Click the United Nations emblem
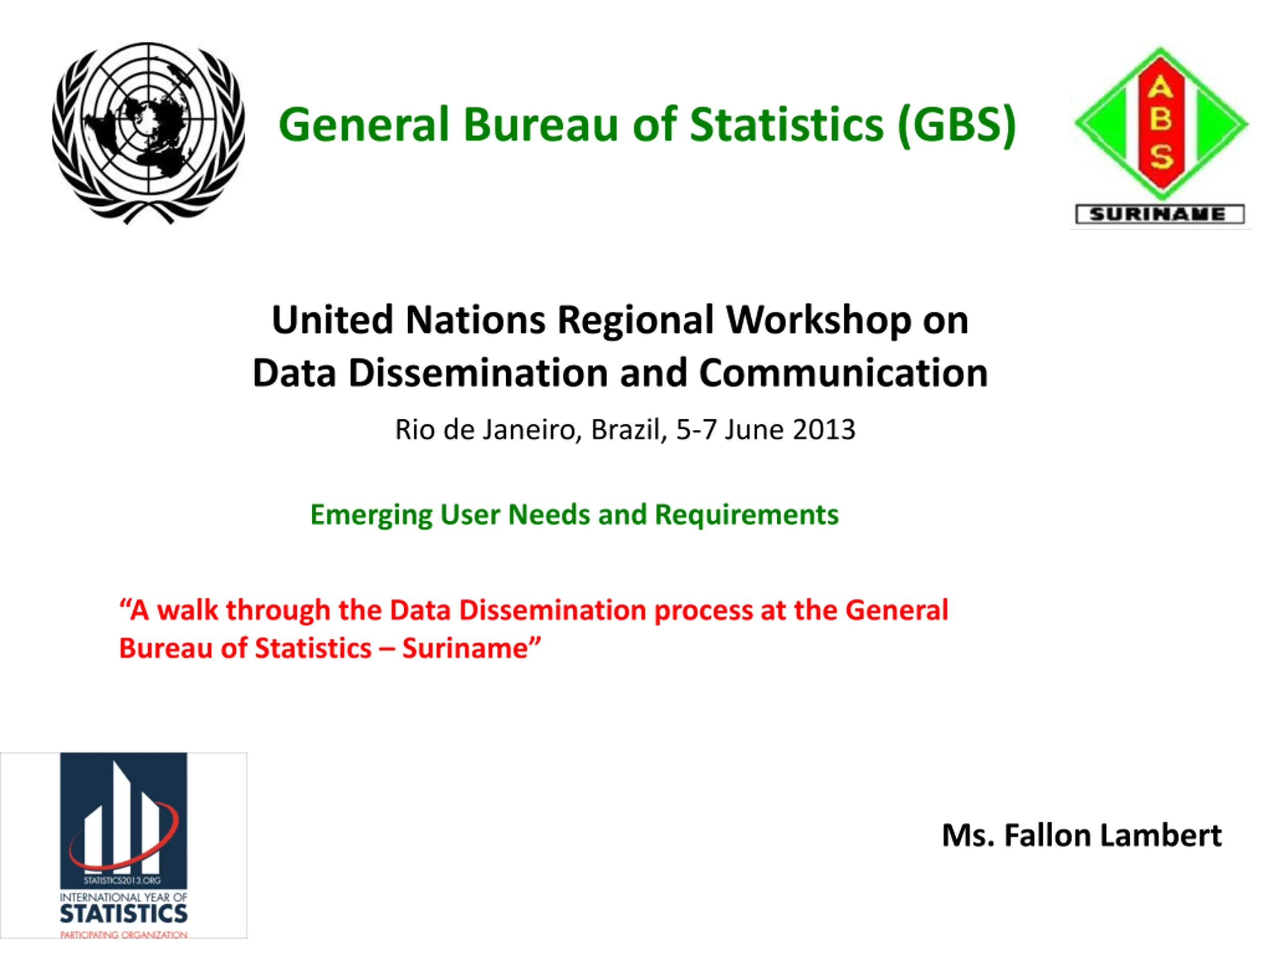pos(149,132)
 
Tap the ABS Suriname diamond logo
pos(1160,123)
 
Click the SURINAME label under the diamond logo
pos(1160,215)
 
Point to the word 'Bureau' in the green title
pos(542,125)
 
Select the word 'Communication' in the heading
pos(844,373)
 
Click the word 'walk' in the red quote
pos(187,610)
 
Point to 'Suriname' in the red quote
pos(465,649)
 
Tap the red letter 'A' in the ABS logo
pos(1160,88)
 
